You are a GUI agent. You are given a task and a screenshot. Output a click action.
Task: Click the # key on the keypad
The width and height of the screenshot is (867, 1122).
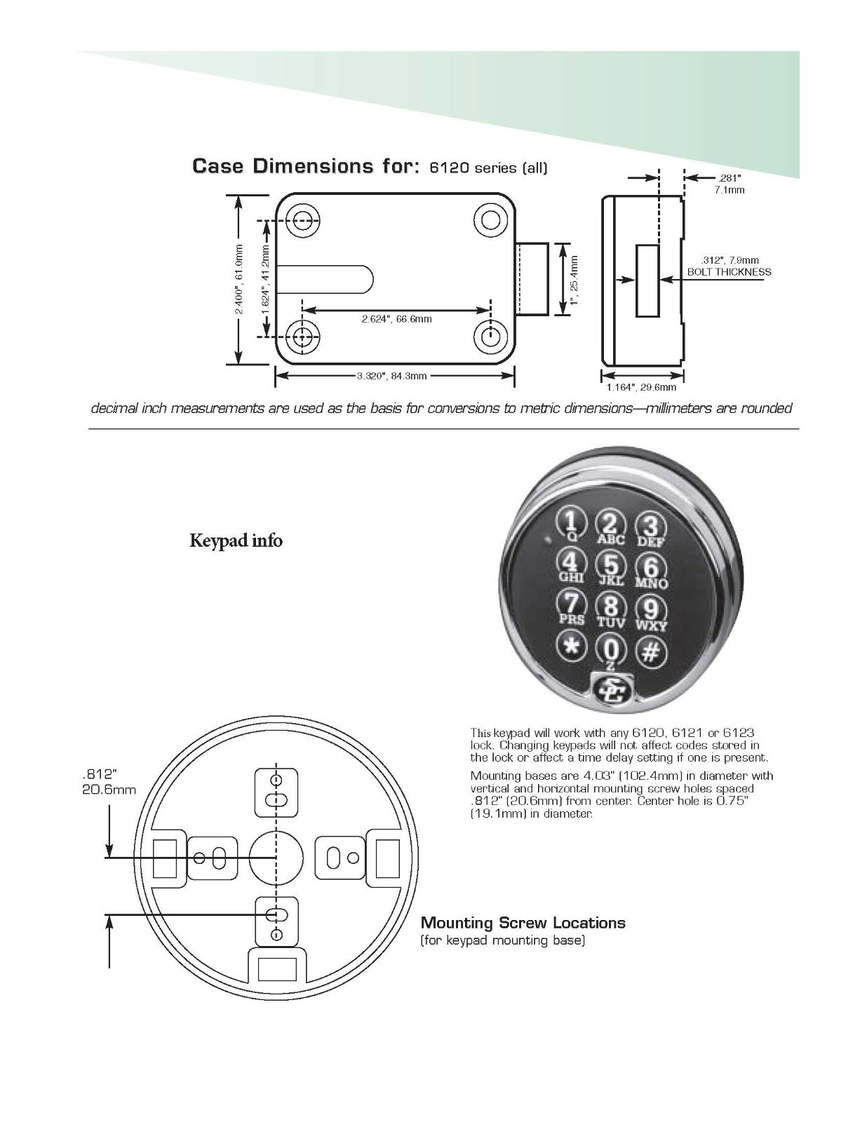coord(651,651)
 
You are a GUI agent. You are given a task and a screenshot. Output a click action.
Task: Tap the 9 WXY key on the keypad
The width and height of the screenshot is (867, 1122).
coord(651,609)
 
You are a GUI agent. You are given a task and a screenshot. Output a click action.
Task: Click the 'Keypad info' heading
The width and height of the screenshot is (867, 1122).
coord(236,541)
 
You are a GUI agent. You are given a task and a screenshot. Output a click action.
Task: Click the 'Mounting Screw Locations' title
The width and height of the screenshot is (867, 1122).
coord(523,922)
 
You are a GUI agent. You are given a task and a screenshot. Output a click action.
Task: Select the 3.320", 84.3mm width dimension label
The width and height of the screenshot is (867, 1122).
coord(391,376)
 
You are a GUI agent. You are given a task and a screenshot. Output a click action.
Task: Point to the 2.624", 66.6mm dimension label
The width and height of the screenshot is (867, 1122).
coord(396,319)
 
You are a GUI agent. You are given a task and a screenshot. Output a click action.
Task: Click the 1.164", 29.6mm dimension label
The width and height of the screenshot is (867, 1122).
coord(641,386)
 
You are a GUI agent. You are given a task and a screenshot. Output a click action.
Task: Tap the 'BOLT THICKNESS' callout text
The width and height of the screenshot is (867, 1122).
coord(729,272)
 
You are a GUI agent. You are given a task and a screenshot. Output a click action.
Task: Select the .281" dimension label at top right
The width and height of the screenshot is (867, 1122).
coord(730,178)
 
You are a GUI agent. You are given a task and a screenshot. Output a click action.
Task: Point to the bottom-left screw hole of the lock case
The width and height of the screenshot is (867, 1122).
coord(302,337)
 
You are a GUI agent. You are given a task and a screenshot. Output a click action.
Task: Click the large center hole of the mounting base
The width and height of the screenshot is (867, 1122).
coord(276,858)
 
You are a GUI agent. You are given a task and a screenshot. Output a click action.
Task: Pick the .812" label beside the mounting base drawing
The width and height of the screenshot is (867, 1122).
coord(99,774)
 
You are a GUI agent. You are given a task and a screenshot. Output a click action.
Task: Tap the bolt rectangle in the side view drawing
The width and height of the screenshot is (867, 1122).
coord(647,280)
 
